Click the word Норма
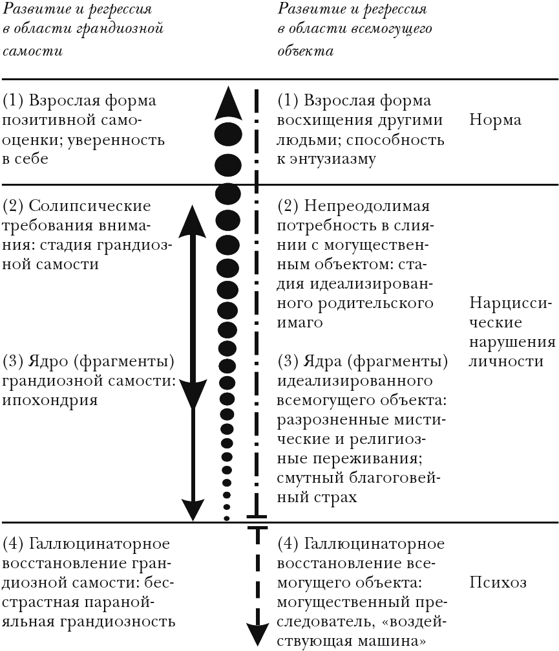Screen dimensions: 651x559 (x=496, y=120)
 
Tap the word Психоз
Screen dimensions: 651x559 (x=498, y=582)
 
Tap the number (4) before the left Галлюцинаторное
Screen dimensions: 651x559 (x=14, y=543)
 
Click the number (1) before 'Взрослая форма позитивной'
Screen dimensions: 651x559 (x=14, y=101)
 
